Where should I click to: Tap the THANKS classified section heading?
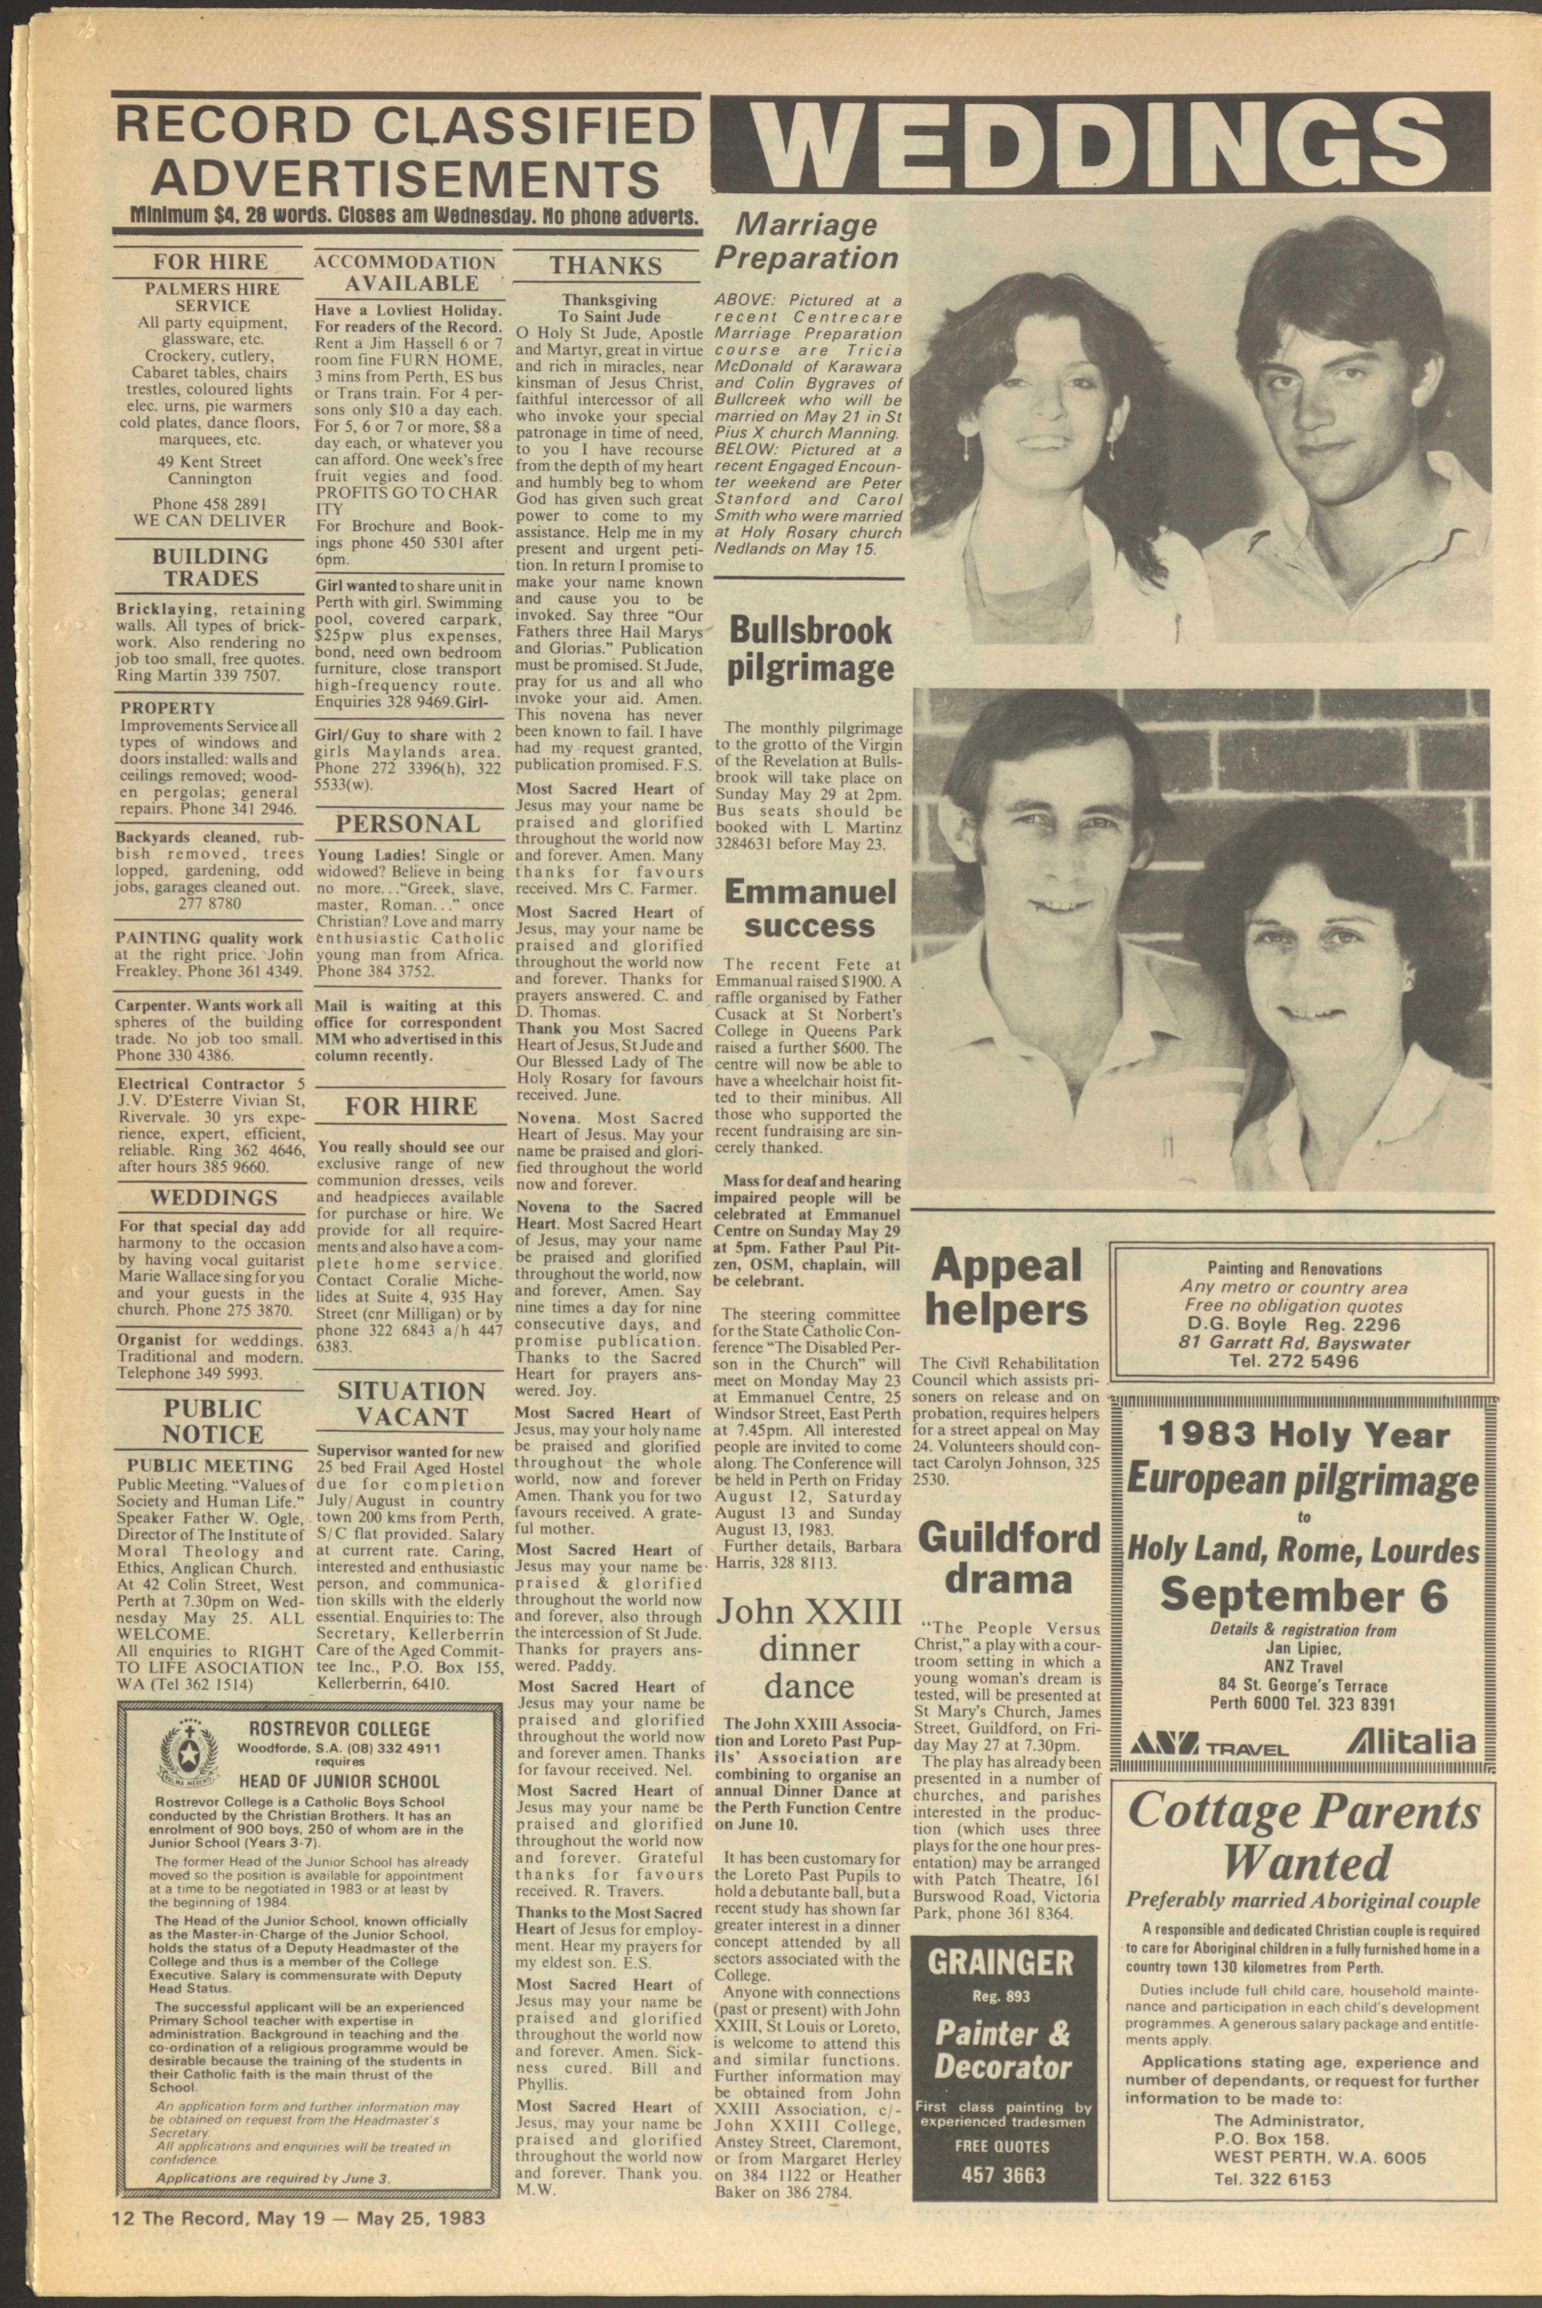click(606, 265)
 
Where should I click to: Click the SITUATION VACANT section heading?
click(411, 1404)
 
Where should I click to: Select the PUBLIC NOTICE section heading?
click(212, 1420)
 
